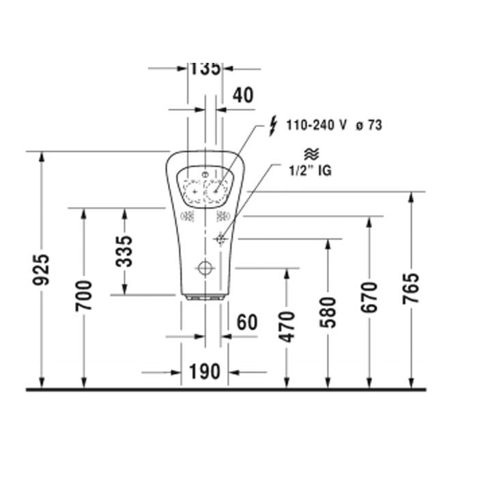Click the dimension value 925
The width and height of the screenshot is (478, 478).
click(41, 270)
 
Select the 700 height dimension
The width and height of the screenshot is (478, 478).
click(84, 296)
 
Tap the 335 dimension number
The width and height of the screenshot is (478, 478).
click(124, 251)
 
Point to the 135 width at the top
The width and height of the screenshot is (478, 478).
click(205, 69)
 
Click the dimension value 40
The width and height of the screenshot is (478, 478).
click(243, 95)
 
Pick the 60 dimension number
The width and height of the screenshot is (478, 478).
click(247, 322)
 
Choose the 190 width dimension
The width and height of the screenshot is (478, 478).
click(205, 371)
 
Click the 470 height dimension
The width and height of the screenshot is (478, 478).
click(287, 326)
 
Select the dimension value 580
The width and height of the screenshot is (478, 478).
click(328, 313)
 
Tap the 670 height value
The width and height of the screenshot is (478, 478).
click(369, 298)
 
